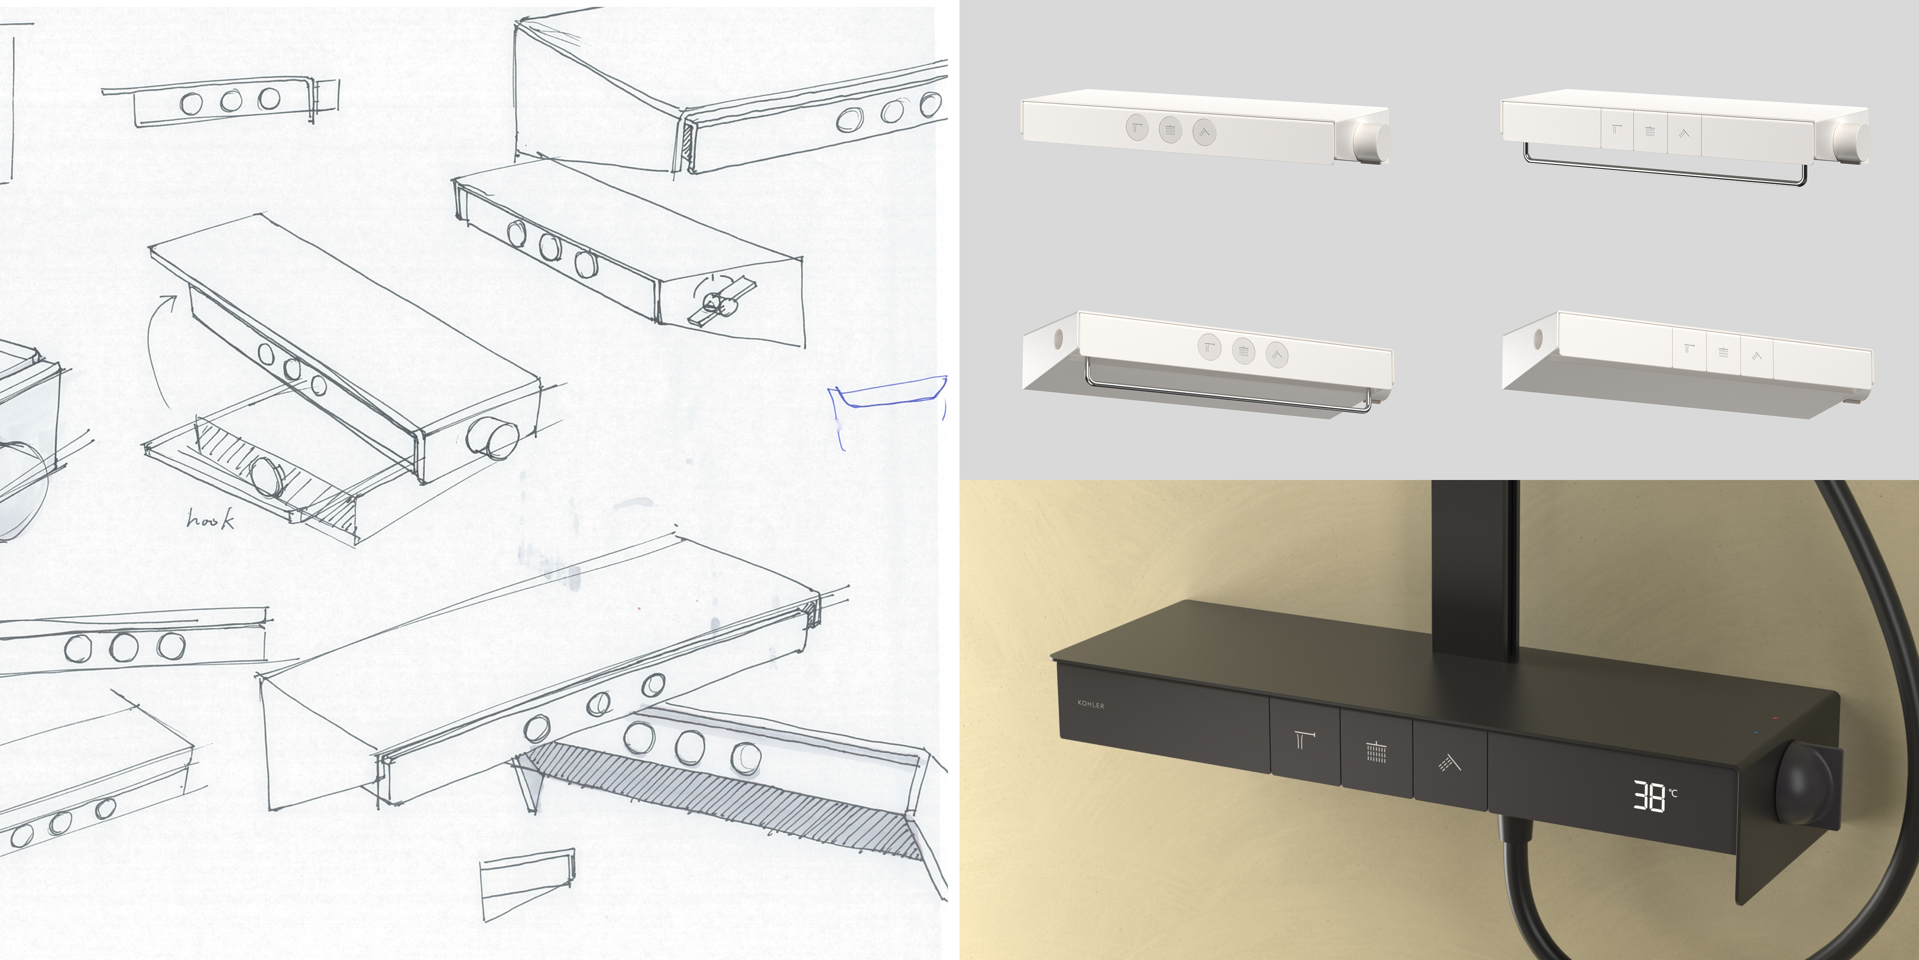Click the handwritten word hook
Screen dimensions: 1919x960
click(x=210, y=519)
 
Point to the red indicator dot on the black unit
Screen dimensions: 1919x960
click(x=1775, y=718)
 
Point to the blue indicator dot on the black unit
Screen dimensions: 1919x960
click(x=1756, y=732)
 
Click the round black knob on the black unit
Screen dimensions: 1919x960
click(x=1806, y=786)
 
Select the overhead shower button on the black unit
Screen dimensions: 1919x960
click(x=1377, y=752)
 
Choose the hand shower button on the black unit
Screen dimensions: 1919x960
click(x=1450, y=761)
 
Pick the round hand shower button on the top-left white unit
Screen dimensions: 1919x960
click(x=1204, y=132)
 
